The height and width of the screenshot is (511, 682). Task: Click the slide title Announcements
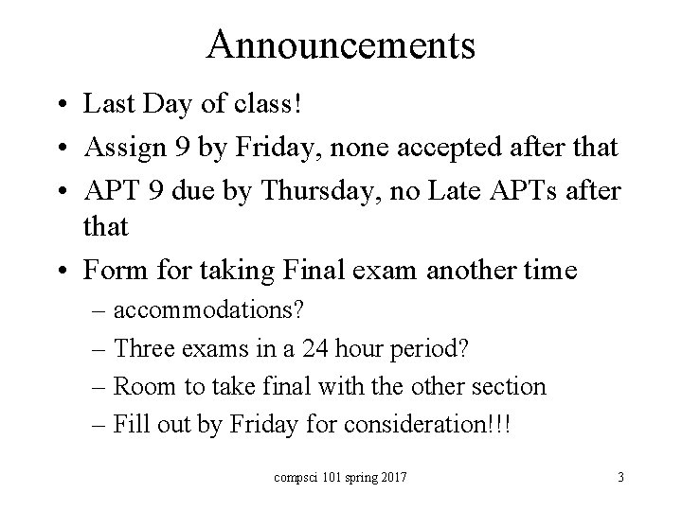[341, 44]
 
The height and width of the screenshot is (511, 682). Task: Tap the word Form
[111, 271]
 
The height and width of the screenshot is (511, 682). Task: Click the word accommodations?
[220, 310]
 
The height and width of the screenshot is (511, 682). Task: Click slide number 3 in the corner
[619, 477]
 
